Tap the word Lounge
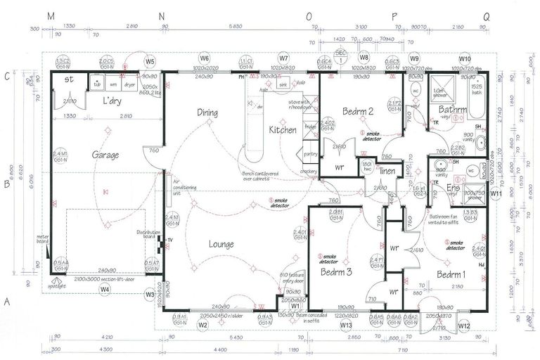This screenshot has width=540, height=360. point(221,244)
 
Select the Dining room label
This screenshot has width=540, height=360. point(207,112)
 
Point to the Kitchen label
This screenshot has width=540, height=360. point(282,130)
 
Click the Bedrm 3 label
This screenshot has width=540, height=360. point(335,271)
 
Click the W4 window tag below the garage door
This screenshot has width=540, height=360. point(104,289)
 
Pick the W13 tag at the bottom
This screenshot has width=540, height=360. point(345,326)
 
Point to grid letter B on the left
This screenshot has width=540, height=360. point(6,186)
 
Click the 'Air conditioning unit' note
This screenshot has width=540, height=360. point(185,188)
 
